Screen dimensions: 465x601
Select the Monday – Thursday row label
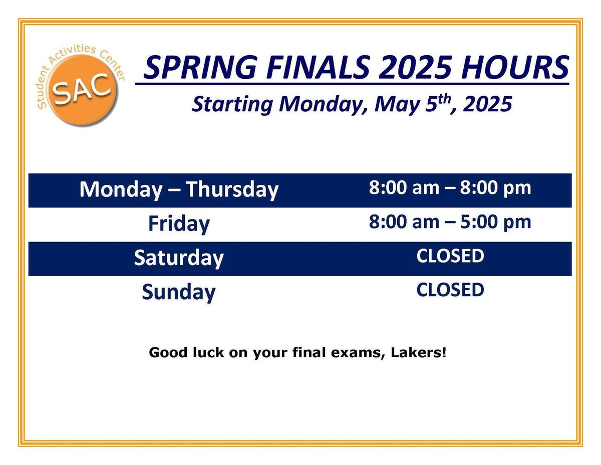[179, 190]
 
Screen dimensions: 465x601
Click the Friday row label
[179, 223]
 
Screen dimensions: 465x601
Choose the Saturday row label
[179, 258]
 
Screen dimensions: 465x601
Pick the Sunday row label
[179, 292]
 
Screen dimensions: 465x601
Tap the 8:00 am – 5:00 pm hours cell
[450, 222]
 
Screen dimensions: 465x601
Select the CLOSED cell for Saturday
[450, 256]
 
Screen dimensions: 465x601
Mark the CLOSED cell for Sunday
[450, 290]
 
